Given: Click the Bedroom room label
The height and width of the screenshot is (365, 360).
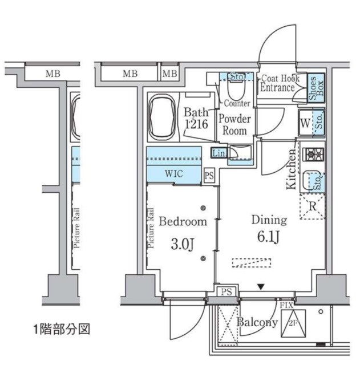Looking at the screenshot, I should [x=183, y=221].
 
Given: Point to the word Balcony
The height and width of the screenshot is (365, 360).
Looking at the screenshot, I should [x=258, y=323].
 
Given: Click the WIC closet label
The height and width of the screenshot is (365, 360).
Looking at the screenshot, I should [x=174, y=175].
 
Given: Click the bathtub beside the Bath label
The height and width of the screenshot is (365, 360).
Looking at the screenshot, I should [x=164, y=118].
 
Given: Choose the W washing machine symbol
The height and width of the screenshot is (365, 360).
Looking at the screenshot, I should [x=305, y=123].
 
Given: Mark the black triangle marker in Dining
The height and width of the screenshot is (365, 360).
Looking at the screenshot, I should [x=261, y=287].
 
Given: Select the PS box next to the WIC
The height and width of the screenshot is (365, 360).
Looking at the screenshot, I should [x=209, y=176].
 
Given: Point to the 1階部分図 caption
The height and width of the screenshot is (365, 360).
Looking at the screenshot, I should [x=61, y=329].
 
